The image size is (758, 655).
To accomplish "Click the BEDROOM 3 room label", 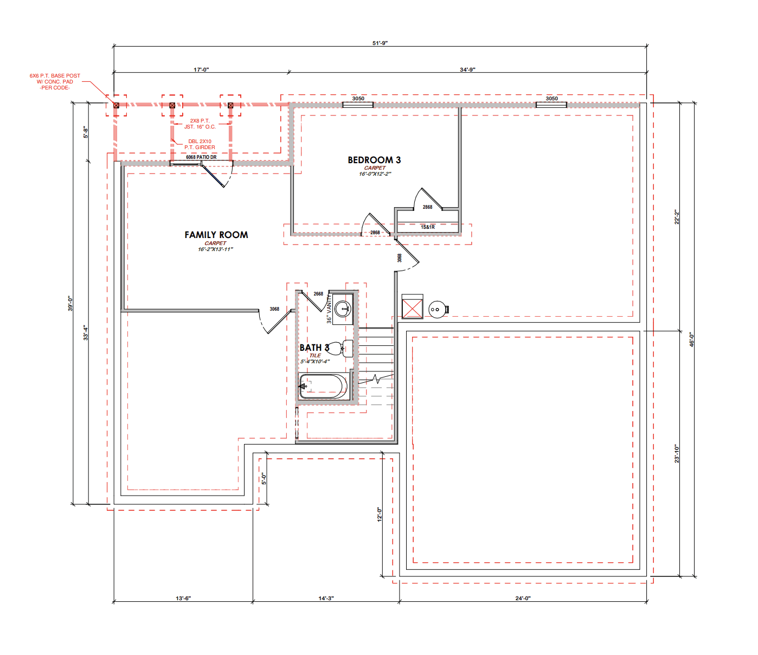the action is [x=374, y=160].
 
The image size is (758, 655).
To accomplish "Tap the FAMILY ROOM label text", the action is [x=216, y=235].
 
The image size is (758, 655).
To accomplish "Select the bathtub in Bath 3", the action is [x=323, y=386].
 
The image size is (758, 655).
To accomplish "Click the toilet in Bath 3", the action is [x=339, y=348].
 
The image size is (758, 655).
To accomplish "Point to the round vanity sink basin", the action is [x=343, y=309].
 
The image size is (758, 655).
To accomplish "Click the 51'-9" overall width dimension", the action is [x=380, y=43].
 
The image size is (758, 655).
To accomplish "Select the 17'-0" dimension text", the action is [x=201, y=69].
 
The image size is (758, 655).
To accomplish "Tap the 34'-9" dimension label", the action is [x=467, y=69].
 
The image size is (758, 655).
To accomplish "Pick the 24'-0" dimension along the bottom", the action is [x=523, y=598].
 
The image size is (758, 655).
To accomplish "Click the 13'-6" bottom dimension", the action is [x=183, y=598].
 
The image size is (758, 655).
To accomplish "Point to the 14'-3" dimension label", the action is [x=326, y=598].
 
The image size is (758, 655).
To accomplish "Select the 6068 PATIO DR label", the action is [x=201, y=157].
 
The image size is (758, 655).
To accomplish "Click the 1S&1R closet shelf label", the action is [x=428, y=227].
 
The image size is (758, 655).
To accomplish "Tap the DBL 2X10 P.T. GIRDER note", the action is [x=200, y=144].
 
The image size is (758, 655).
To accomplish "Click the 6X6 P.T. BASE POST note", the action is [x=55, y=81].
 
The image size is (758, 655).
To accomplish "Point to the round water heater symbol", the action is [x=437, y=309].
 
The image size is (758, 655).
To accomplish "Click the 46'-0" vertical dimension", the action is [x=692, y=339].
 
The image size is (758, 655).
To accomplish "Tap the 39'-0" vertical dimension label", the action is [x=70, y=304].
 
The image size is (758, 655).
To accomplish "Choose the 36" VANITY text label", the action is [x=329, y=309].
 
